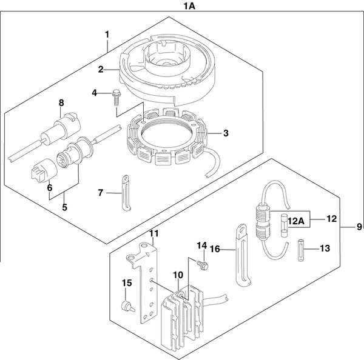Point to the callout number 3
click(x=225, y=133)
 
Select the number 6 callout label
click(x=50, y=187)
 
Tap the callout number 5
click(x=64, y=207)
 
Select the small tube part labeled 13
click(x=300, y=248)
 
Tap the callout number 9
click(x=359, y=227)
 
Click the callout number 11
click(x=153, y=233)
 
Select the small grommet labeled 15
click(x=126, y=306)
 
